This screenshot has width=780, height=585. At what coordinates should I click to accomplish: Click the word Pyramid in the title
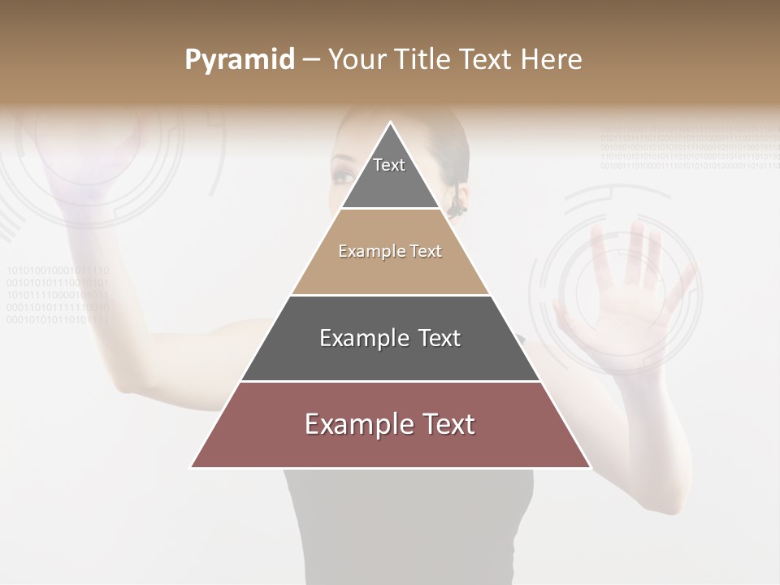[239, 60]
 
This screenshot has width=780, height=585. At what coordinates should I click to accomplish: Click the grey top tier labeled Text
[389, 175]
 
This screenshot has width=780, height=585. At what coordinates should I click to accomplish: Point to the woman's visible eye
[344, 175]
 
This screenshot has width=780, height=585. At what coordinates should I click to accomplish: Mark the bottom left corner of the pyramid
[192, 467]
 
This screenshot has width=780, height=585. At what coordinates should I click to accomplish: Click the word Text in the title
[487, 60]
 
